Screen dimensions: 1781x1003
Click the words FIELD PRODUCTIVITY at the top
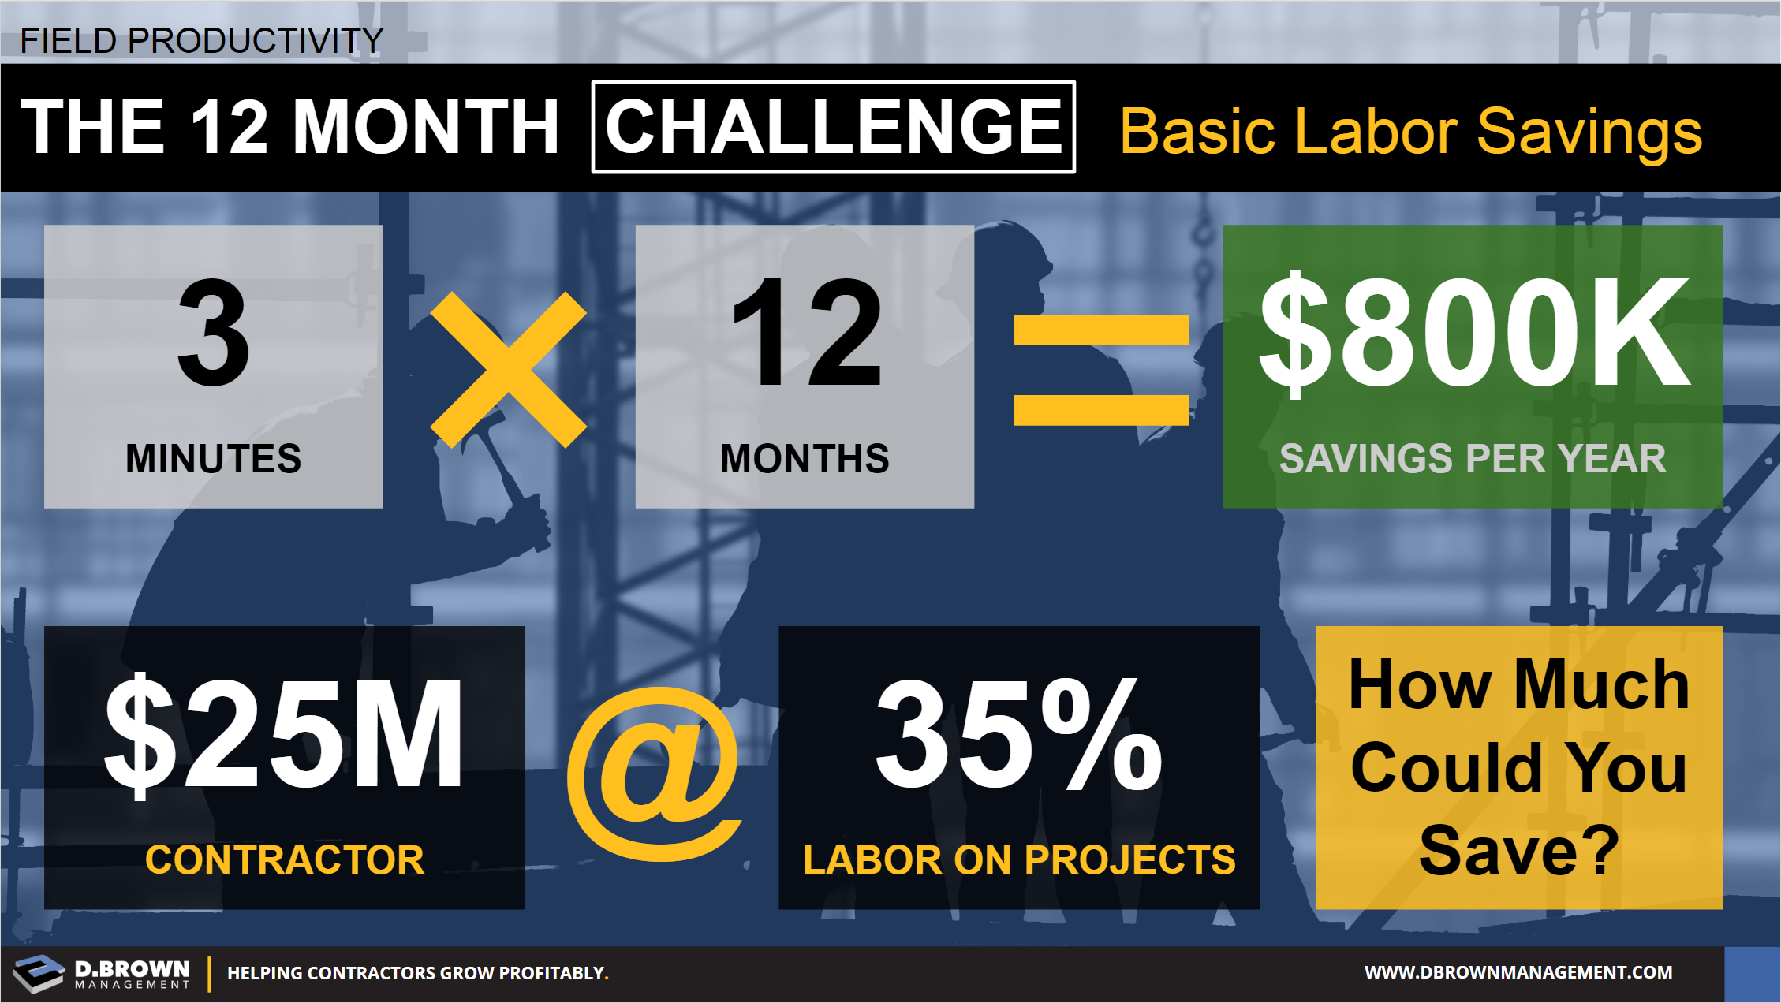201,40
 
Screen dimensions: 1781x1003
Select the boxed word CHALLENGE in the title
834,127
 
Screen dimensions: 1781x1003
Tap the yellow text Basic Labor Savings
1410,132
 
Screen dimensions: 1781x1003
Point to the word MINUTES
214,458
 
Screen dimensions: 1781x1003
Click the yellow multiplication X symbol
508,369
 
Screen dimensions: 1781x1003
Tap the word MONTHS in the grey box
805,458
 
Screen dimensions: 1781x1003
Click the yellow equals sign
1100,369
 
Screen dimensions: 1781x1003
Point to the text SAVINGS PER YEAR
1473,458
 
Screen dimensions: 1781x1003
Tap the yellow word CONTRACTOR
285,859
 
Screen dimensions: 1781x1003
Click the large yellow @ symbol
654,774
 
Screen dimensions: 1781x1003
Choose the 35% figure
1018,734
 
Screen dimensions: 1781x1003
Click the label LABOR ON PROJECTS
1019,859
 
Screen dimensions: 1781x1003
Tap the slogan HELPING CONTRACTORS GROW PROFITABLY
418,973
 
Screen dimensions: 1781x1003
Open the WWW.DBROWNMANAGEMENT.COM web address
1518,972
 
